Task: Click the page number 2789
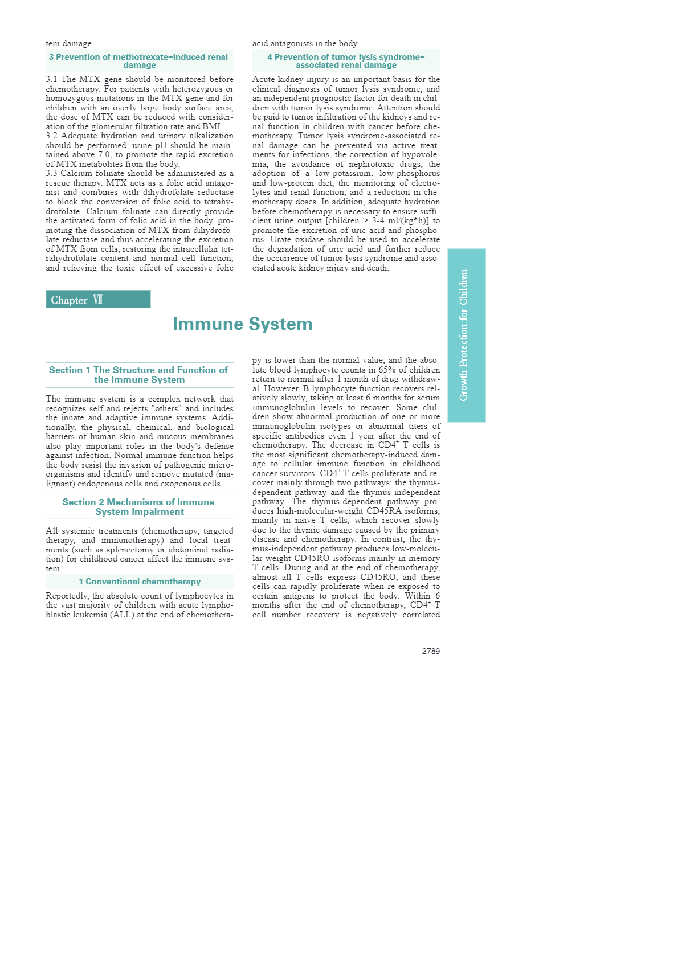pos(431,651)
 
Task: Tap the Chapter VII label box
pos(98,300)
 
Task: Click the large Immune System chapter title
pos(242,324)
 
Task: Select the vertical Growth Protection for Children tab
pos(466,335)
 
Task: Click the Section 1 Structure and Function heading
pos(139,375)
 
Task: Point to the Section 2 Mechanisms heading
pos(139,507)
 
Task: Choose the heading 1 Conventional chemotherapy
pos(140,582)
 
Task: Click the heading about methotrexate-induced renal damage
pos(139,61)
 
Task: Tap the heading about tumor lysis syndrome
pos(346,61)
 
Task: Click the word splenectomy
pos(128,550)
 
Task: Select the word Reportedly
pos(67,596)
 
